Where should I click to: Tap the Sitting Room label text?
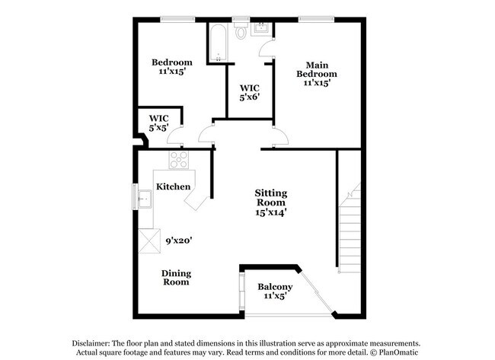point(270,198)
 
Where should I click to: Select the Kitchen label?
point(173,186)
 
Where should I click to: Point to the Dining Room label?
point(176,278)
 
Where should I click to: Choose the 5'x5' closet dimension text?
point(158,128)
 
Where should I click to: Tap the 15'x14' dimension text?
point(270,214)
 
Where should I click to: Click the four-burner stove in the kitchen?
point(179,160)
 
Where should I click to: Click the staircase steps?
point(349,228)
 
